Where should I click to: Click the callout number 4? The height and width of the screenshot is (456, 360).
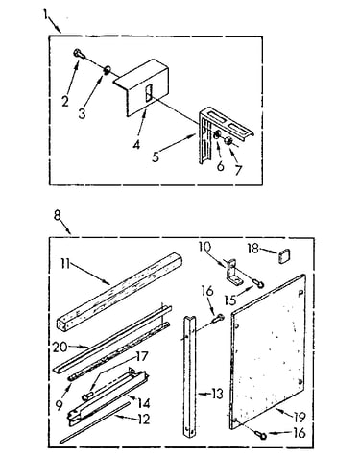pos(136,145)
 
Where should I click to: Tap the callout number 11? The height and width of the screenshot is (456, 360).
pos(65,264)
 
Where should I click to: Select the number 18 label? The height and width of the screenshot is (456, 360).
pos(253,249)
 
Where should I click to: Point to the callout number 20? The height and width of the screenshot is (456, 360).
pos(60,348)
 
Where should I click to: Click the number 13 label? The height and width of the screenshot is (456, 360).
pos(217,394)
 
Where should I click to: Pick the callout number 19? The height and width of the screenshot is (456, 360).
pos(300,417)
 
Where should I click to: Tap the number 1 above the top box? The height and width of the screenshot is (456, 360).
pos(45,14)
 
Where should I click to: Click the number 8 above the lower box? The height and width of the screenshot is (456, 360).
pos(58,215)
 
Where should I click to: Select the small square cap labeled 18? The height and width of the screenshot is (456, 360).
pos(284,256)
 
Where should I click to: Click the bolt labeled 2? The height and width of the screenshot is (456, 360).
pos(80,54)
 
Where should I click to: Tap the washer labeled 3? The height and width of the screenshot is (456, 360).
pos(107,69)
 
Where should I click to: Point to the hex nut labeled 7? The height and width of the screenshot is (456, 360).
pos(229,141)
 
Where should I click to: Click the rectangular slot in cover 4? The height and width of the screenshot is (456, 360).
pos(149,93)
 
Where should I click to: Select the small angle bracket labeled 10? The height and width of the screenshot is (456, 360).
pos(233,273)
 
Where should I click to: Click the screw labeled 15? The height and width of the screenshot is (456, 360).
pos(258,282)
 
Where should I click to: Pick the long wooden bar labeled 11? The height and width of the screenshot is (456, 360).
pos(120,291)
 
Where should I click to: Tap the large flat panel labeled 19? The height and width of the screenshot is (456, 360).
pos(268,351)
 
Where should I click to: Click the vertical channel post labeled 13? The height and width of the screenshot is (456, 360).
pos(189,376)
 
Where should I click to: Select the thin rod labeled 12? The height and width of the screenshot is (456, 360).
pos(95,423)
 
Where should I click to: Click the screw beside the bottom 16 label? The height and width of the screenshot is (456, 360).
pos(260,434)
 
